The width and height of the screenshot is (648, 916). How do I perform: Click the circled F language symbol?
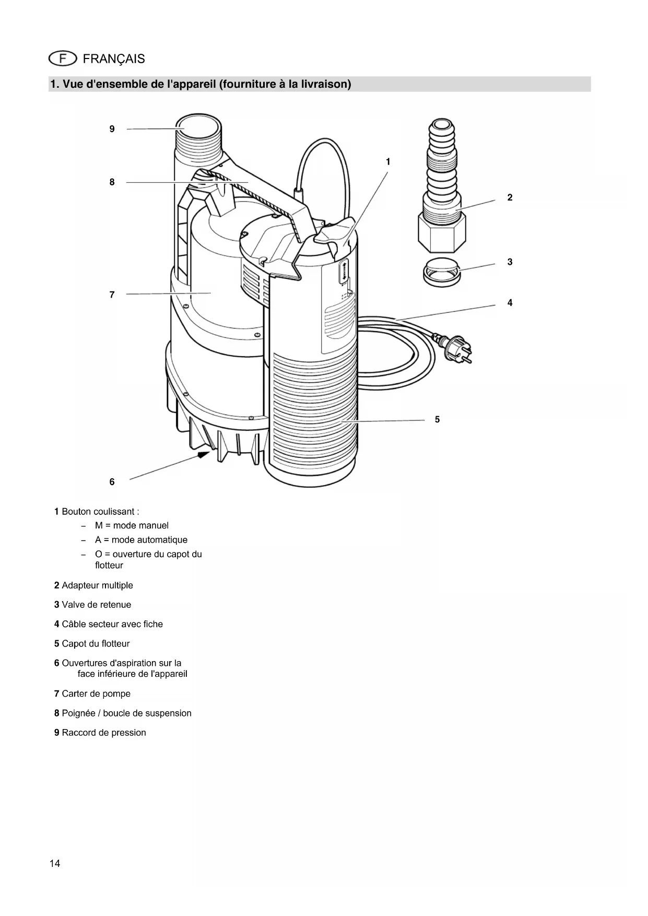click(x=63, y=58)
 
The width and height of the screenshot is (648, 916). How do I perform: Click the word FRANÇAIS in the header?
click(x=114, y=59)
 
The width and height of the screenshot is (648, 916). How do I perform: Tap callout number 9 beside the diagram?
click(x=112, y=129)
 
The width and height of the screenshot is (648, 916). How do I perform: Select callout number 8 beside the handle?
click(x=112, y=182)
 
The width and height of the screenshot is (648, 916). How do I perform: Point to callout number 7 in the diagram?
click(x=112, y=295)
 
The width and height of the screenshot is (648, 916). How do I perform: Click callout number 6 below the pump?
click(x=112, y=482)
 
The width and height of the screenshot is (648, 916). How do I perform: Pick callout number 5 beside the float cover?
click(x=437, y=419)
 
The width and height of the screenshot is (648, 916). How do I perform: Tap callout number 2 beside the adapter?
click(x=510, y=197)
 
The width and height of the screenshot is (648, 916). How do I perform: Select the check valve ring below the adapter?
click(x=441, y=272)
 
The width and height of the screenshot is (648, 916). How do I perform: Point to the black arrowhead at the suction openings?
click(x=203, y=455)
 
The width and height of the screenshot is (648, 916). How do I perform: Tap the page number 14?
click(x=55, y=863)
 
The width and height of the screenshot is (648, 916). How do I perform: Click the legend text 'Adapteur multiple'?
click(x=97, y=585)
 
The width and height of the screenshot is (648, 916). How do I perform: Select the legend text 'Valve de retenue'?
click(x=96, y=605)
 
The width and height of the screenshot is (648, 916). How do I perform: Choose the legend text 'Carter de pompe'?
click(x=96, y=694)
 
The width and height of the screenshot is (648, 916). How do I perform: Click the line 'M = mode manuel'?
click(x=132, y=526)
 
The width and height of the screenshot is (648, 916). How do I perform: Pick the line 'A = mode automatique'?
click(x=141, y=540)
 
